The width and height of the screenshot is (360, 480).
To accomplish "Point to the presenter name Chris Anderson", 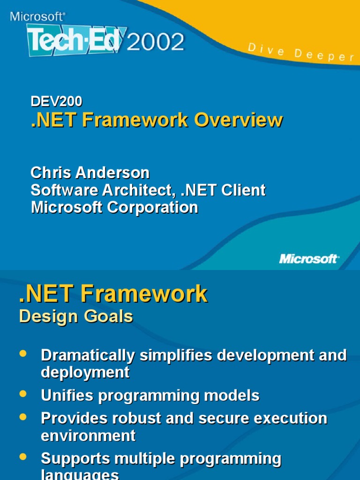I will click(x=90, y=172).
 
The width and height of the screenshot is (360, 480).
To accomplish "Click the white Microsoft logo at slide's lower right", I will click(x=309, y=258).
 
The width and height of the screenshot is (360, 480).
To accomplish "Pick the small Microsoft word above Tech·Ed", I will click(x=37, y=16).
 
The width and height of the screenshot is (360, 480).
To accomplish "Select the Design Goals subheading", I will click(x=76, y=317).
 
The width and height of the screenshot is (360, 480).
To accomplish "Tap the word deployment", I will click(x=85, y=372).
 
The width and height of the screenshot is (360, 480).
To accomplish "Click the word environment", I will click(x=88, y=435).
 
